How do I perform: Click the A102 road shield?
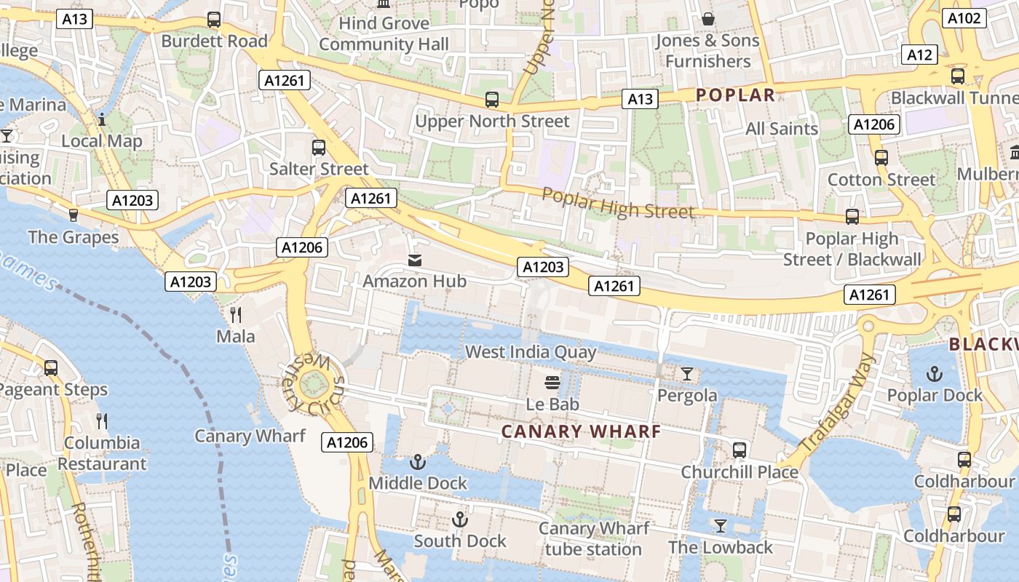coord(964,18)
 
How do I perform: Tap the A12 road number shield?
coord(919,55)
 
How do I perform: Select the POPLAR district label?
coord(735,95)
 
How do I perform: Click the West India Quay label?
coord(531,353)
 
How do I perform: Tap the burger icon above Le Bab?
coord(552,383)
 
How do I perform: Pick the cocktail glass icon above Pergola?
coord(686,374)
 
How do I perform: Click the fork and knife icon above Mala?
coord(236,314)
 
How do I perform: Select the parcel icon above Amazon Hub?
coord(415,260)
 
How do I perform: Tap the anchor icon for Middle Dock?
coord(418,461)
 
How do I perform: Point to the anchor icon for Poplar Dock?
coord(934,374)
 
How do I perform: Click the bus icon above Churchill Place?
coord(740,450)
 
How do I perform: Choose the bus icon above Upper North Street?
coord(492,100)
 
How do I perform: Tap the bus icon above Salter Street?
coord(319,148)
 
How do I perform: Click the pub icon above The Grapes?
coord(73,215)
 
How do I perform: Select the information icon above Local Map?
coord(102,119)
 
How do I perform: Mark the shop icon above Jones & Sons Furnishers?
coord(707,19)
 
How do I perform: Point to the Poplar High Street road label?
coord(618,203)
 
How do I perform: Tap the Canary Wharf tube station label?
coord(593,538)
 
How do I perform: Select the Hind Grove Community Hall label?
coord(384,33)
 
